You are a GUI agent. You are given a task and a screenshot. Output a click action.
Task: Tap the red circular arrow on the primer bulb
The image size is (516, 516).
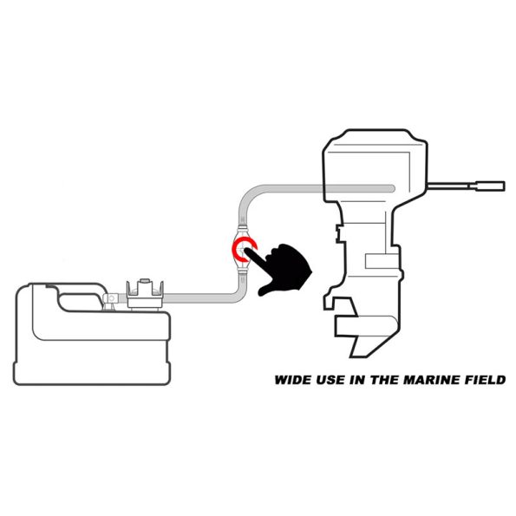pyautogui.click(x=244, y=249)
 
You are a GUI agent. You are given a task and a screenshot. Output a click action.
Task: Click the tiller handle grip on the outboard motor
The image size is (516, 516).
pyautogui.click(x=490, y=186)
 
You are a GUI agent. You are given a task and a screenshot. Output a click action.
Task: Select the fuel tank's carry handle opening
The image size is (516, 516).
pyautogui.click(x=79, y=302)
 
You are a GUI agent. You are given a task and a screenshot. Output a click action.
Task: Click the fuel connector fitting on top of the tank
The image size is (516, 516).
pyautogui.click(x=145, y=294)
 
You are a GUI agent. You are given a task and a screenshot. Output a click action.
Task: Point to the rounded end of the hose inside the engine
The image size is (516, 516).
pyautogui.click(x=392, y=188)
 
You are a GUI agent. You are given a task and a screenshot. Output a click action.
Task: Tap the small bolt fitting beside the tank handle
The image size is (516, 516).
pyautogui.click(x=111, y=299)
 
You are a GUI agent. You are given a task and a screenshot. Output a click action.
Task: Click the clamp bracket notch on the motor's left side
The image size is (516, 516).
pyautogui.click(x=338, y=233)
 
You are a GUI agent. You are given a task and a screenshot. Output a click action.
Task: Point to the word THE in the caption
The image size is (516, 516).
pyautogui.click(x=385, y=380)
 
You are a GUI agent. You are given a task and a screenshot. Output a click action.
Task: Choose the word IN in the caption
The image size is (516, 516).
pyautogui.click(x=357, y=380)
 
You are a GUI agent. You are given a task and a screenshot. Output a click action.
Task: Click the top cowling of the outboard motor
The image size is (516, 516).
pyautogui.click(x=375, y=165)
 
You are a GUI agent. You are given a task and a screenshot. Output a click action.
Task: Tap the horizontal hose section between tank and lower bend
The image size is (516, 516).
pyautogui.click(x=198, y=298)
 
